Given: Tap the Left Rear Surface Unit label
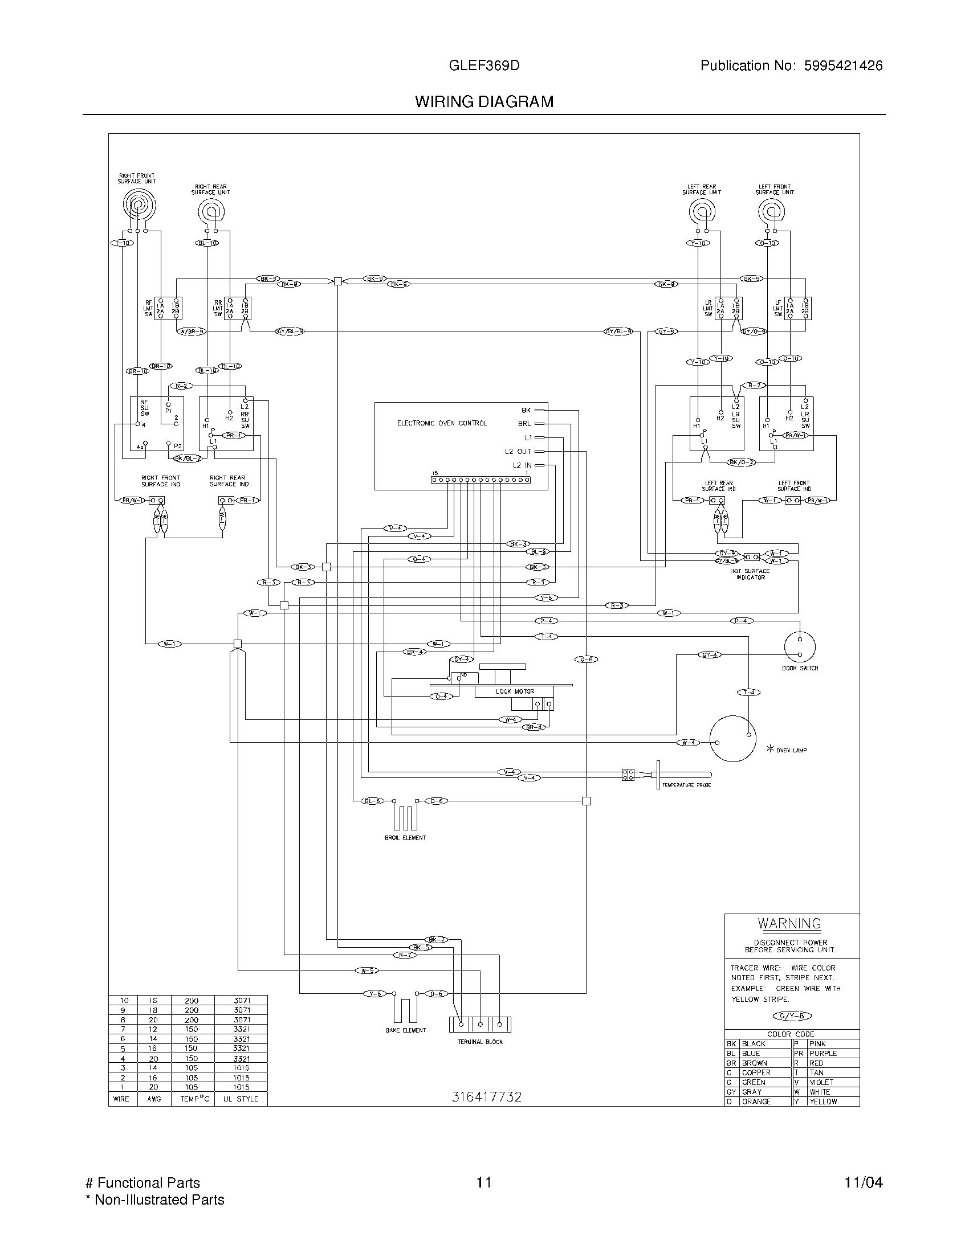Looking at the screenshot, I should tap(702, 190).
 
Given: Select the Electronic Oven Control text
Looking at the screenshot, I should tap(441, 423).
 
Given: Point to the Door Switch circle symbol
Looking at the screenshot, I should tap(800, 646).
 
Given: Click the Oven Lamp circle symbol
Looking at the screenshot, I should tap(732, 738).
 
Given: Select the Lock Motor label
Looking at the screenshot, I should tap(515, 691).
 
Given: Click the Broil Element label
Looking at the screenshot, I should tap(405, 838).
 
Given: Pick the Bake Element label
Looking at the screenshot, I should tap(405, 1030).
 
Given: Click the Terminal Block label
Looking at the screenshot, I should tap(480, 1042).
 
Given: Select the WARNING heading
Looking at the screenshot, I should tap(789, 924).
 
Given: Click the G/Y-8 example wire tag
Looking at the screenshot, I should tap(793, 1016).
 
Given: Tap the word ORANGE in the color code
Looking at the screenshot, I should tap(756, 1102).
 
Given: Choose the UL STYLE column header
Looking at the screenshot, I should tap(241, 1099).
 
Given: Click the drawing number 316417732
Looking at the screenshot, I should tap(486, 1097).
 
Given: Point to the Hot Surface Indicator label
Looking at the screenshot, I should tap(750, 574).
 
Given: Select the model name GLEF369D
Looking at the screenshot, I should tap(484, 65).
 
